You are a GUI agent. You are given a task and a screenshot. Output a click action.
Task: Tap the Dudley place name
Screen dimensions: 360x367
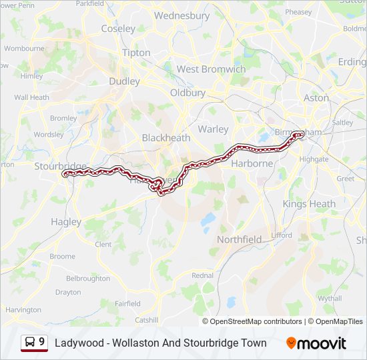pyautogui.click(x=125, y=81)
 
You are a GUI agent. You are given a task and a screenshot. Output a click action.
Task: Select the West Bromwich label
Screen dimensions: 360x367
pyautogui.click(x=212, y=69)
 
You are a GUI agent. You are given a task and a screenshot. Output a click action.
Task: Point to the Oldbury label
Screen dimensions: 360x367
pyautogui.click(x=188, y=93)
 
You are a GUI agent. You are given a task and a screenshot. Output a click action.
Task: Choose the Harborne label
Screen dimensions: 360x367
pyautogui.click(x=252, y=163)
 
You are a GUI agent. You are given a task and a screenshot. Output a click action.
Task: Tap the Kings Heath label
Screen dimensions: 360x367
pyautogui.click(x=309, y=204)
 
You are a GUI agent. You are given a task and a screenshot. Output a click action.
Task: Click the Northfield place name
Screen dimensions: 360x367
pyautogui.click(x=240, y=239)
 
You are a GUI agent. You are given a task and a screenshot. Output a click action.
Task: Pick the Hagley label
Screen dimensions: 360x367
pyautogui.click(x=66, y=222)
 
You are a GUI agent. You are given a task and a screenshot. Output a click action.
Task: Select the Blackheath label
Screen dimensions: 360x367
pyautogui.click(x=166, y=137)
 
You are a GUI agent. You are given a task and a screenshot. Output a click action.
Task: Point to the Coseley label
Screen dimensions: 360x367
pyautogui.click(x=118, y=29)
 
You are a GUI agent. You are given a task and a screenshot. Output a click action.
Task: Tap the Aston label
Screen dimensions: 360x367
pyautogui.click(x=316, y=97)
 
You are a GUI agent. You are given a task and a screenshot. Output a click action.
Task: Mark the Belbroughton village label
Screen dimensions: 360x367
pyautogui.click(x=88, y=279)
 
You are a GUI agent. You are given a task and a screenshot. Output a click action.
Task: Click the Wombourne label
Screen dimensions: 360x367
pyautogui.click(x=24, y=49)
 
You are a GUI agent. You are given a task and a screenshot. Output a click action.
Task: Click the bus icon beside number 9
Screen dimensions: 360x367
pyautogui.click(x=30, y=343)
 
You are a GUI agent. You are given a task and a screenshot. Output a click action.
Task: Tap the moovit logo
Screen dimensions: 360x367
pyautogui.click(x=316, y=343)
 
